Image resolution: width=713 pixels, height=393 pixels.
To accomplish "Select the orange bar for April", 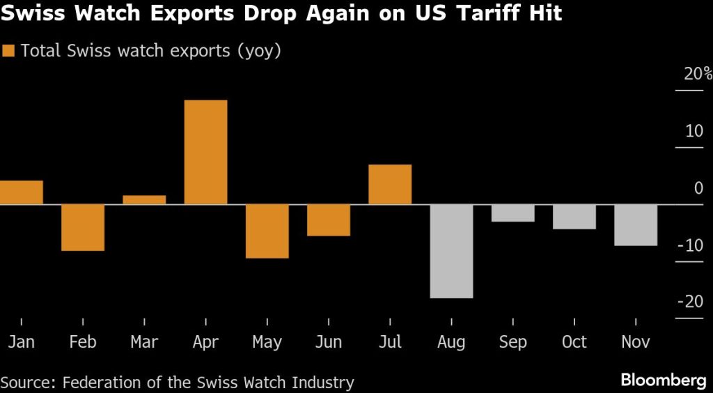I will (205, 152).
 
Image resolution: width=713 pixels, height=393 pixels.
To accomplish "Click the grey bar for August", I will (451, 251).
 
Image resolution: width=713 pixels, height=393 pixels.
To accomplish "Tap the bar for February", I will (83, 227).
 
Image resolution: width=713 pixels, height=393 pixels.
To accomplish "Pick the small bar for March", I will (144, 200).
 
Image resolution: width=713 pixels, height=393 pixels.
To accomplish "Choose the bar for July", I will (390, 185).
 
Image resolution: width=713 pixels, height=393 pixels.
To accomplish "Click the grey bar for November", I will (636, 225).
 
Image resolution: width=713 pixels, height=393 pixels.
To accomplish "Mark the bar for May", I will (267, 231).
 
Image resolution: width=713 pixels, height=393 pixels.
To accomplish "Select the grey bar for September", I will (512, 213).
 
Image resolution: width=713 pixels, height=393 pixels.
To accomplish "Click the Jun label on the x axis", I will (329, 342).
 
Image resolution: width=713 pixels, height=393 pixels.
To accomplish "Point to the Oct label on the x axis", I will (574, 342).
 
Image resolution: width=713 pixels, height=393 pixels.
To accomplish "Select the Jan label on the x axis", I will (21, 342).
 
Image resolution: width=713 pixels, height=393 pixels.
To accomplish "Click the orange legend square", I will (9, 51).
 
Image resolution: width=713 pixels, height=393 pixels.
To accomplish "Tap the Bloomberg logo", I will (662, 380).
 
